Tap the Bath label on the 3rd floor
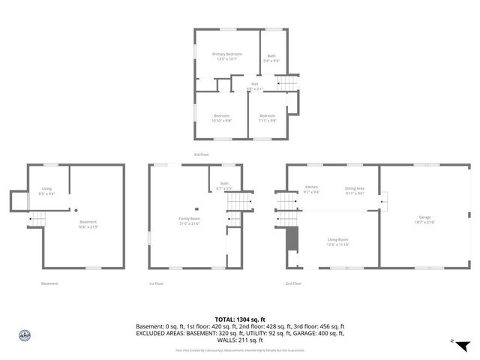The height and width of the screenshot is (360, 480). pyautogui.click(x=271, y=58)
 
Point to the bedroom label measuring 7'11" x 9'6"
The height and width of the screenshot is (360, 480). pyautogui.click(x=268, y=118)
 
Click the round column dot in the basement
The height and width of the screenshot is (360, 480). pyautogui.click(x=76, y=210)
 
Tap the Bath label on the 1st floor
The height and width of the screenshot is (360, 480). pyautogui.click(x=223, y=185)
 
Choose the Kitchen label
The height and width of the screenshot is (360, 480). pyautogui.click(x=312, y=189)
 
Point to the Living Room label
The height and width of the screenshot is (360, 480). pyautogui.click(x=337, y=241)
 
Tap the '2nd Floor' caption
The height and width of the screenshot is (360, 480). pyautogui.click(x=293, y=283)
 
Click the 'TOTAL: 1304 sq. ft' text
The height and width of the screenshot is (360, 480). pyautogui.click(x=240, y=319)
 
